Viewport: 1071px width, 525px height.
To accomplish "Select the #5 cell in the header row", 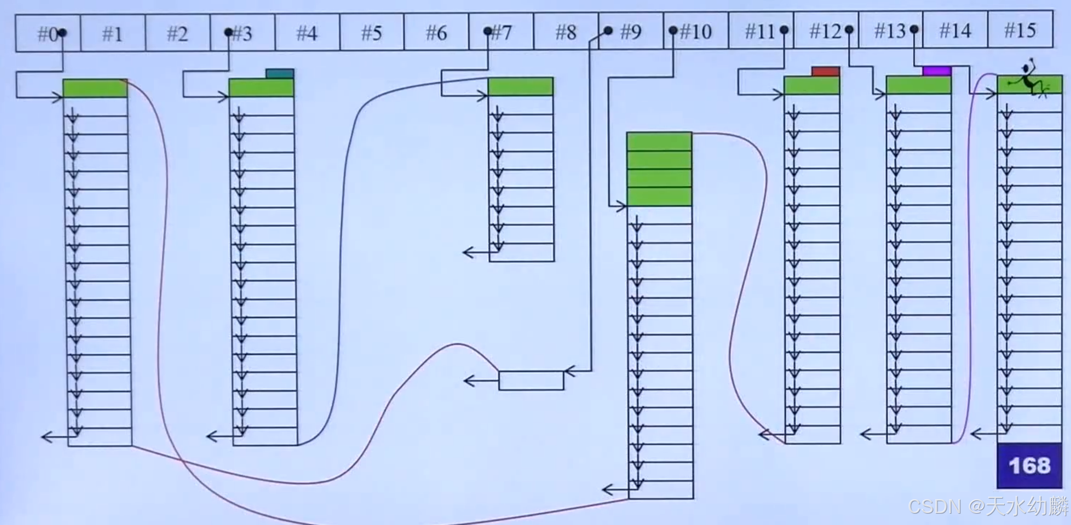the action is tap(372, 33).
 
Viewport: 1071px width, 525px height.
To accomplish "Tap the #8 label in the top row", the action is tap(566, 32).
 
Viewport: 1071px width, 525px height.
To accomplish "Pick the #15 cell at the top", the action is tap(1020, 31).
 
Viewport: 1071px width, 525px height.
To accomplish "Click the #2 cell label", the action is tap(177, 34).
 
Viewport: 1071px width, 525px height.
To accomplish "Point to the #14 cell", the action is tap(955, 31).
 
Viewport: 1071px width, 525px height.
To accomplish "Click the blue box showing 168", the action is tap(1029, 465).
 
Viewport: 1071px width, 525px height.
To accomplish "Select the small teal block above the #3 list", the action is tap(280, 74).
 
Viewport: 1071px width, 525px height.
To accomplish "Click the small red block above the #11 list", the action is tap(825, 72).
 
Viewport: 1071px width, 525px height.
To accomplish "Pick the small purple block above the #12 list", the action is tap(936, 71).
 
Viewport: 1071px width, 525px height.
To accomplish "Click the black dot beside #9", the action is tap(608, 31).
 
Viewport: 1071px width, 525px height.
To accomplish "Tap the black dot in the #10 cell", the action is tap(673, 31).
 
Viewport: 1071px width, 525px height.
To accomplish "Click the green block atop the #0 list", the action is tap(95, 88).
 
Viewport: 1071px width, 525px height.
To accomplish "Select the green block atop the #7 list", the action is tap(520, 87).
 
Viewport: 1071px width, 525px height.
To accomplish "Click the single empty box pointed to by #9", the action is tap(531, 380).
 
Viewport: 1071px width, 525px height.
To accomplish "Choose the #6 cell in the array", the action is tap(436, 33).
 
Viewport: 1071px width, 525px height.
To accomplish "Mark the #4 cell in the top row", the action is tap(307, 33).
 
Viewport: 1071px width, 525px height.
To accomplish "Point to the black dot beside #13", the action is tap(914, 30).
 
